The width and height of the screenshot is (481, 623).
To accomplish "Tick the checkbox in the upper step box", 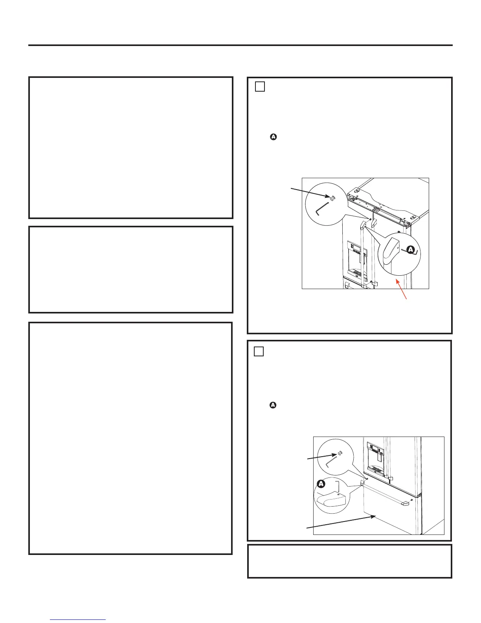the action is tap(259, 87).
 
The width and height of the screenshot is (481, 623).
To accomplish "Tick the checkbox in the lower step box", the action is tap(259, 351).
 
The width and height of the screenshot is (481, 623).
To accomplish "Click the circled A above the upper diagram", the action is tap(273, 137).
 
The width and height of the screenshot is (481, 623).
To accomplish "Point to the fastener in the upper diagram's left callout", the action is tap(332, 198).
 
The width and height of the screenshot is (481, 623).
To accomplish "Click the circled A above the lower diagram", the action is tap(273, 405).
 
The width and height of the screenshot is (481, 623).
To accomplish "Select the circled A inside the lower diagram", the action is tap(321, 483).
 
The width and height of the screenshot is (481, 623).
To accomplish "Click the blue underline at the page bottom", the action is tap(78, 620).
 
